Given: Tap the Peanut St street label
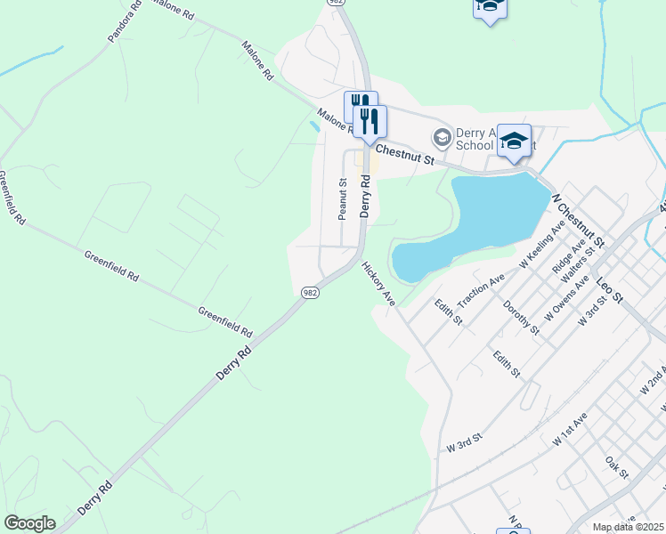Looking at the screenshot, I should (342, 198).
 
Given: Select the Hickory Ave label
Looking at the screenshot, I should (378, 284).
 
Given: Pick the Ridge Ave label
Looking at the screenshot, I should (565, 255).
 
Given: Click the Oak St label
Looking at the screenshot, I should (617, 466).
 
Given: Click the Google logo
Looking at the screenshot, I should (29, 523).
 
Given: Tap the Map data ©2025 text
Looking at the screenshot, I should (629, 527).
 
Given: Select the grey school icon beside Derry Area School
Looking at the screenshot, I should (441, 137).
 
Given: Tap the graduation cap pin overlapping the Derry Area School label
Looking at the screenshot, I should (514, 141).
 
